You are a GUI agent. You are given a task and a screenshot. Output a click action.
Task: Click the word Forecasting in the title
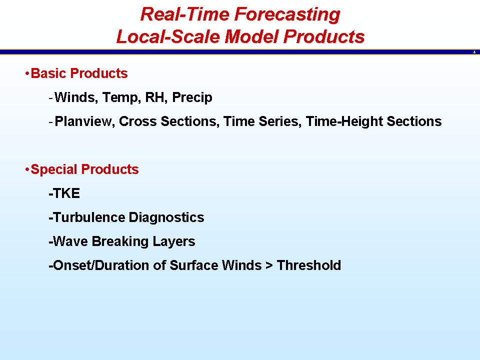[x=287, y=14]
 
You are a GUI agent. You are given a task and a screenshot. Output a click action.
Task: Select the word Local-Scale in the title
[x=168, y=36]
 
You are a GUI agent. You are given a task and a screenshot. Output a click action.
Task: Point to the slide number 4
[x=474, y=52]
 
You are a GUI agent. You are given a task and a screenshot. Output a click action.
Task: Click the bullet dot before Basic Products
[x=27, y=73]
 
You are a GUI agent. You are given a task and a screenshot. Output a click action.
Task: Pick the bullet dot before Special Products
[x=27, y=169]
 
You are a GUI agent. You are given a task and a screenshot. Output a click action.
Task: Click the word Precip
[x=192, y=98]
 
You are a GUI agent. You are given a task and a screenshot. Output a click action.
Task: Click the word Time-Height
[x=344, y=121]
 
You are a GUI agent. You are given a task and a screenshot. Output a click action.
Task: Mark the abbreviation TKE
[x=66, y=193]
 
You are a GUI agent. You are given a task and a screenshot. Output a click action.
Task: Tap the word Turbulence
[x=89, y=217]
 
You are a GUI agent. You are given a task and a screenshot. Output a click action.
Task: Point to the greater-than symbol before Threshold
[x=269, y=265]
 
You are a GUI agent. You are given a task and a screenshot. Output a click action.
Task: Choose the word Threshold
[x=308, y=265]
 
